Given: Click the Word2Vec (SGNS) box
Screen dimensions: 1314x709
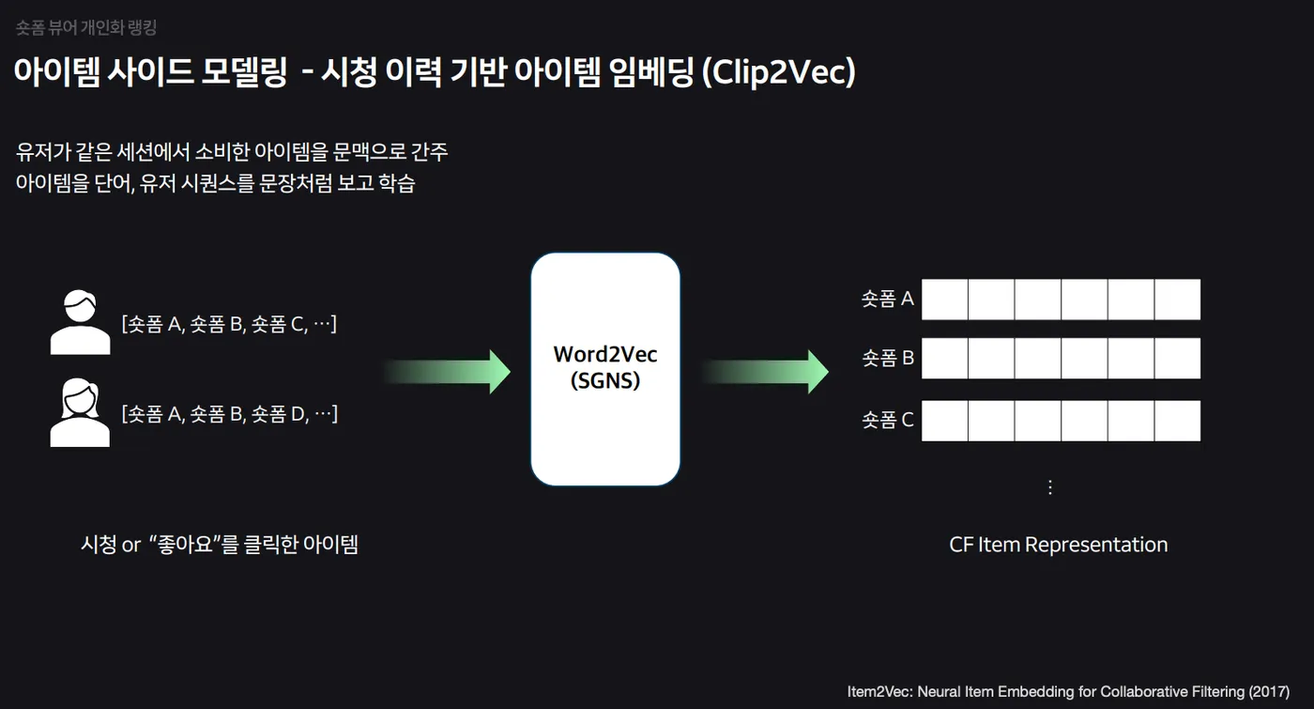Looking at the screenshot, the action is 605,369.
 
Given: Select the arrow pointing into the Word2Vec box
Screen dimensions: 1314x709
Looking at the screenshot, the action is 448,372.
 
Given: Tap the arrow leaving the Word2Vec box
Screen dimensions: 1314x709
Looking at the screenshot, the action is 766,372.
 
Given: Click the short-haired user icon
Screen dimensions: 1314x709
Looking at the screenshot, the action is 81,322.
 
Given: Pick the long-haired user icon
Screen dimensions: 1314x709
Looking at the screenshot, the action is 80,412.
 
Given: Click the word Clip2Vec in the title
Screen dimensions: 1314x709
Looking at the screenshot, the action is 779,72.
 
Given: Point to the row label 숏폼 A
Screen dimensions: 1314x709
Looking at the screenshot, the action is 888,299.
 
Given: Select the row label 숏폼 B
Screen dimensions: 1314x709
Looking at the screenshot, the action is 888,358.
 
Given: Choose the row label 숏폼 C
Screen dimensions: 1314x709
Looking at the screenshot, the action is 888,420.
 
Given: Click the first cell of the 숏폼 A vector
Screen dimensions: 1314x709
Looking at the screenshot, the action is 944,300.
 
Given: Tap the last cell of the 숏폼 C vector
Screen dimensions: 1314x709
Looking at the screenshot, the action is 1177,421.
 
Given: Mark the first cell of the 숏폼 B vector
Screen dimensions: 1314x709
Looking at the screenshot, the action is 944,358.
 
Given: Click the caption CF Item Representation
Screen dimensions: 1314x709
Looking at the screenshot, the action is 1059,545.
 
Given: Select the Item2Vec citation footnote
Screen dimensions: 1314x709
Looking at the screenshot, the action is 1068,692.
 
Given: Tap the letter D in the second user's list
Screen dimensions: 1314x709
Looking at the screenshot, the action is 298,414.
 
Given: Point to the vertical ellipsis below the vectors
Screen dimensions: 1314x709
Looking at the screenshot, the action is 1050,487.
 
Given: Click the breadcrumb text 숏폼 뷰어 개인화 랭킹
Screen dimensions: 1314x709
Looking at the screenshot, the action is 86,27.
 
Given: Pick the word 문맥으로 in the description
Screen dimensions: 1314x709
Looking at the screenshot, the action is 369,152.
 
